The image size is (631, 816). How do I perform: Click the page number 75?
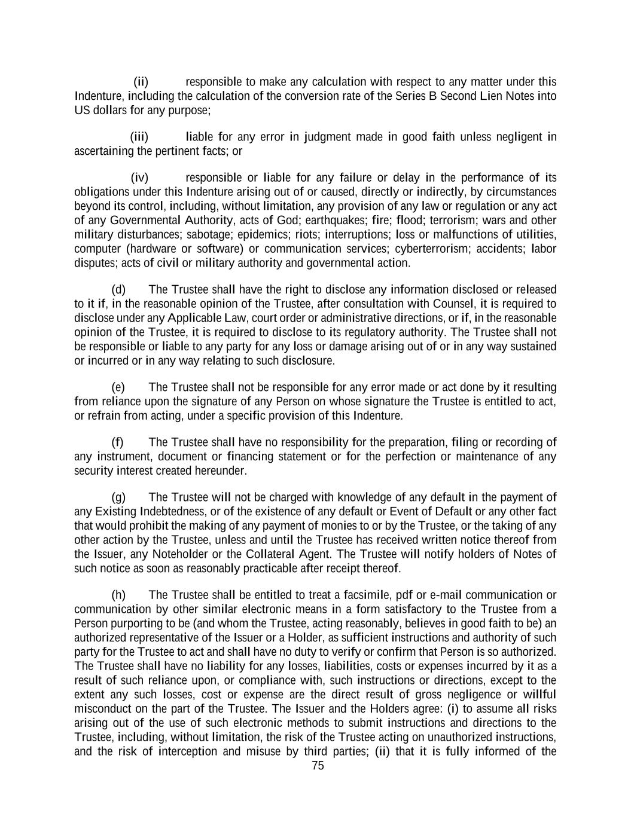click(x=318, y=766)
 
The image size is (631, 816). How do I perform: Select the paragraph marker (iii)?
click(x=139, y=137)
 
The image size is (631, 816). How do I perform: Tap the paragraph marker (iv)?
click(x=139, y=178)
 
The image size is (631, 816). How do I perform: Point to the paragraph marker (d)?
click(x=118, y=290)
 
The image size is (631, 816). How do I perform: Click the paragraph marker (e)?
click(x=118, y=387)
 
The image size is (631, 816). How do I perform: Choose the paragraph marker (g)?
click(x=118, y=497)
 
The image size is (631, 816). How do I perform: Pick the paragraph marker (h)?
click(x=118, y=595)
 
